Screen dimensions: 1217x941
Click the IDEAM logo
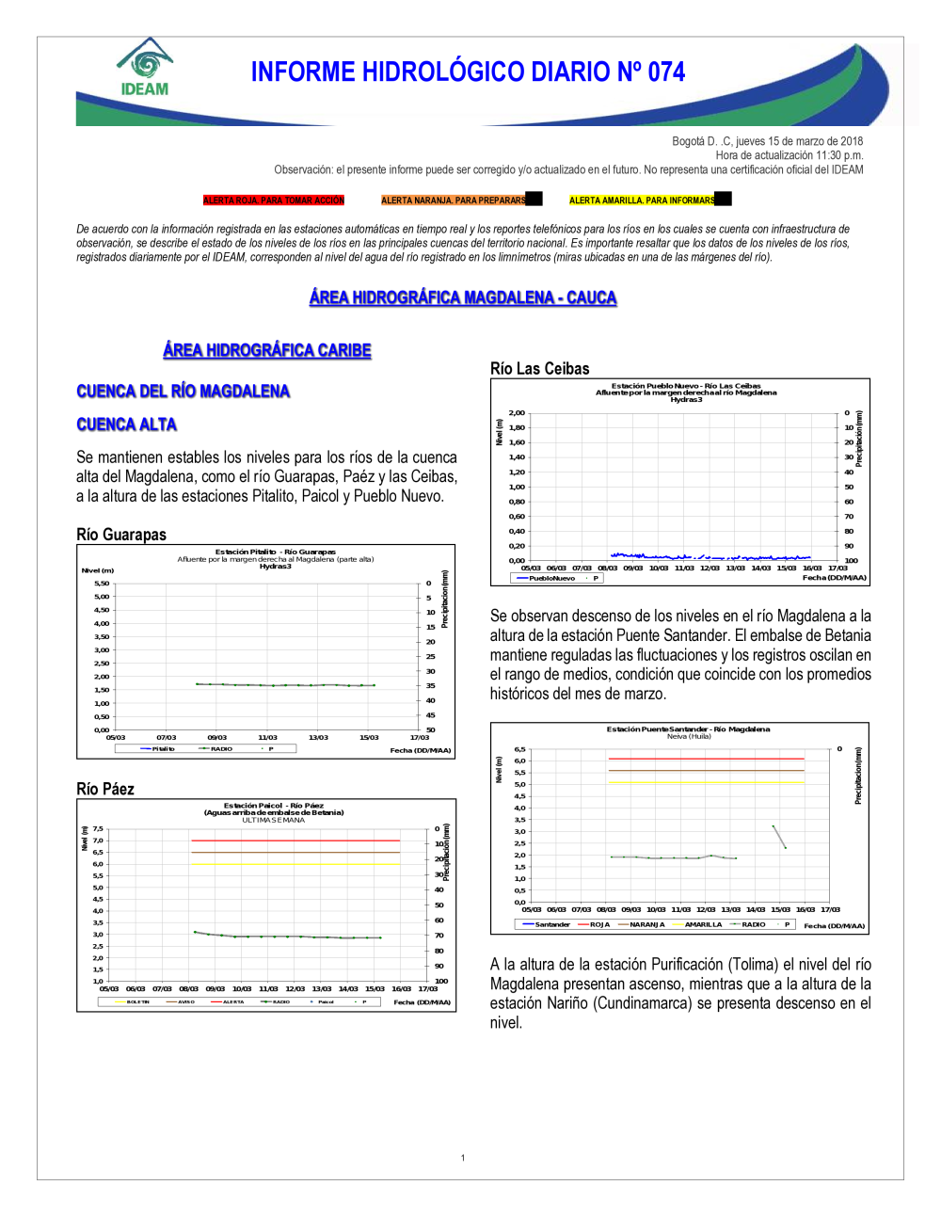tap(145, 68)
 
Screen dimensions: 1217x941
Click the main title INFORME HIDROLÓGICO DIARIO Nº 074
tap(468, 72)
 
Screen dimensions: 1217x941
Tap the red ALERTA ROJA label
tap(274, 200)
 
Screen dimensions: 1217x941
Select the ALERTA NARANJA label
tap(454, 200)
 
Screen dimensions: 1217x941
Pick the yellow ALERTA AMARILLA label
tap(642, 200)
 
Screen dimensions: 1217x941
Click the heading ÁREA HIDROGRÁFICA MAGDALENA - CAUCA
tap(463, 297)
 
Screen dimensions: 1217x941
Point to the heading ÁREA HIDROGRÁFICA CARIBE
tap(267, 350)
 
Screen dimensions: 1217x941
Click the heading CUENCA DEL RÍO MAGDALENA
tap(183, 392)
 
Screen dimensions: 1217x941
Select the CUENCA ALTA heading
tap(127, 424)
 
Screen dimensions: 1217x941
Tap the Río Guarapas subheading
tap(121, 535)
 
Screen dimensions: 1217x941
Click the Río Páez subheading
tap(105, 789)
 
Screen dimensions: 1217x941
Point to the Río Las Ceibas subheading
tap(540, 369)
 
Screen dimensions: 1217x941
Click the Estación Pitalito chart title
tap(275, 552)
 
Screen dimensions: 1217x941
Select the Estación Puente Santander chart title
tap(688, 729)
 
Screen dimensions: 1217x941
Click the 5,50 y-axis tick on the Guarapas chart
tap(102, 584)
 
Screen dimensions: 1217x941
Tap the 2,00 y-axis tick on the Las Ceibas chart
tap(517, 413)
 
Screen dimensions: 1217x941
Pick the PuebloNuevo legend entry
tap(551, 579)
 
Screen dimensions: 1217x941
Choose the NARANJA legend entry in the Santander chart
tap(646, 925)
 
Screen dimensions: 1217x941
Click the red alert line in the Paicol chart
tap(295, 841)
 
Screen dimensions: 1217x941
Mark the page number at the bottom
tap(463, 1158)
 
